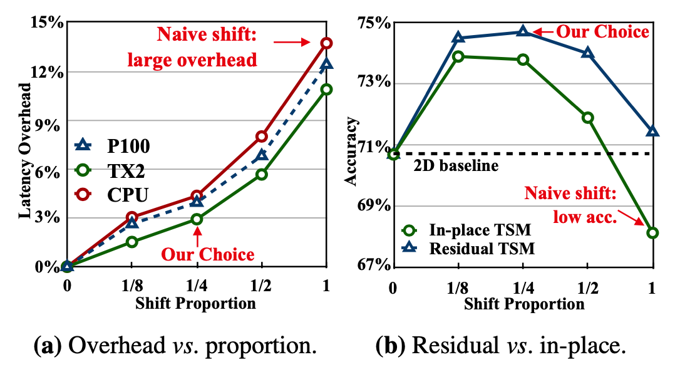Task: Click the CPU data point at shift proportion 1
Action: click(326, 43)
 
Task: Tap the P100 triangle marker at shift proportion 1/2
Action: click(262, 154)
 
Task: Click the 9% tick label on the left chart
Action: click(51, 121)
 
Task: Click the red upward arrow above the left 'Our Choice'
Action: click(197, 236)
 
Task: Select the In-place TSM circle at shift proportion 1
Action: click(652, 233)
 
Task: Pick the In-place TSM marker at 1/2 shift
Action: click(587, 118)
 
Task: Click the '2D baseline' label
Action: click(455, 166)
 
